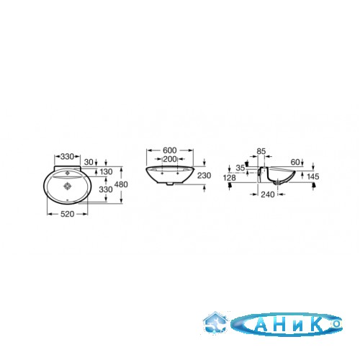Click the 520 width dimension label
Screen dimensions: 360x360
pos(67,214)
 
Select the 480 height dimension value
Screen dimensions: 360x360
pos(121,184)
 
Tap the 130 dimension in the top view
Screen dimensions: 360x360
pos(106,171)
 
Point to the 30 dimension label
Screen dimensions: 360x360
pos(89,162)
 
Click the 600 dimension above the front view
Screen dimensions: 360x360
pos(170,150)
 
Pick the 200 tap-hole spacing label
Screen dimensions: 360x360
pos(170,159)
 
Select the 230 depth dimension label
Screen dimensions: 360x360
pos(204,176)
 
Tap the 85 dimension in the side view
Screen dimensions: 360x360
pos(261,151)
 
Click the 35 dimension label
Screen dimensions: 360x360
pos(240,168)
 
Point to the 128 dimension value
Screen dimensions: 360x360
pos(229,178)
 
